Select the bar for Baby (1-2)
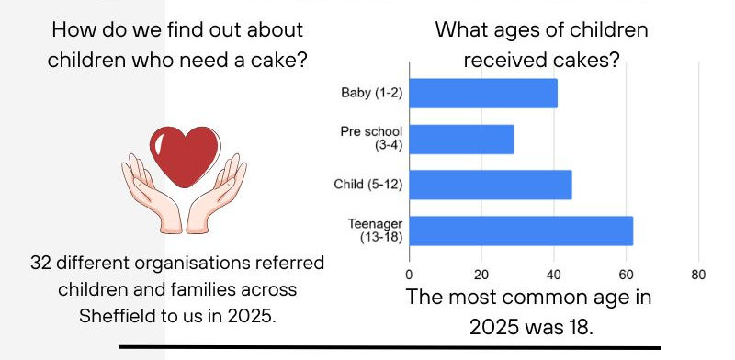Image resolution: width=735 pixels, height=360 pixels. [482, 94]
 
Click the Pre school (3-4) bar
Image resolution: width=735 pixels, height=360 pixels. [461, 140]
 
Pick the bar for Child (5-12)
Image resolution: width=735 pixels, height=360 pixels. [490, 185]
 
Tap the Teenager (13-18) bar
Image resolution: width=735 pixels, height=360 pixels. [521, 231]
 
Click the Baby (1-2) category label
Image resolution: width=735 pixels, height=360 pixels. [372, 94]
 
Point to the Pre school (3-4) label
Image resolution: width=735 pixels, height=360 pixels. [371, 139]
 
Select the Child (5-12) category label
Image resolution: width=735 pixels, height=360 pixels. [368, 185]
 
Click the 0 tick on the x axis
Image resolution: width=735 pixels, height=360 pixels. [409, 274]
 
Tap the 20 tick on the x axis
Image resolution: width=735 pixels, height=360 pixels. [481, 274]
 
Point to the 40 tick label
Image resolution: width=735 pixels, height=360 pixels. [553, 274]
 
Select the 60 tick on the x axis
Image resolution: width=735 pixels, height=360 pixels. [626, 274]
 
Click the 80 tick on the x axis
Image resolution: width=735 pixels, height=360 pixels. [697, 274]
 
